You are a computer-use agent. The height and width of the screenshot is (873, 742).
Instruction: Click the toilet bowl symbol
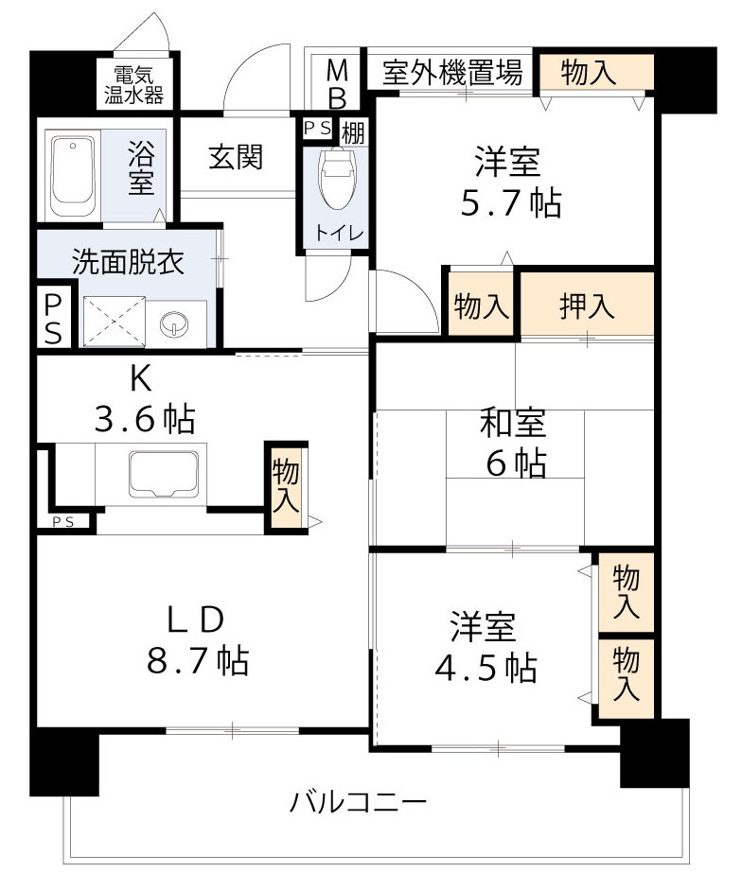pyautogui.click(x=335, y=178)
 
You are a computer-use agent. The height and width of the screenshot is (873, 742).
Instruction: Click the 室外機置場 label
pyautogui.click(x=452, y=72)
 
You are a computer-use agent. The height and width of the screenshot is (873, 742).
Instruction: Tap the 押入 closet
pyautogui.click(x=588, y=306)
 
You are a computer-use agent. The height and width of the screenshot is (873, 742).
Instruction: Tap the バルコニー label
pyautogui.click(x=358, y=804)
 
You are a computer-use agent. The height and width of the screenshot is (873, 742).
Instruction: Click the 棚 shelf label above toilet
pyautogui.click(x=353, y=131)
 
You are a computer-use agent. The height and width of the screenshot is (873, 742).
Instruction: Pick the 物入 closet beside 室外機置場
pyautogui.click(x=595, y=72)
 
